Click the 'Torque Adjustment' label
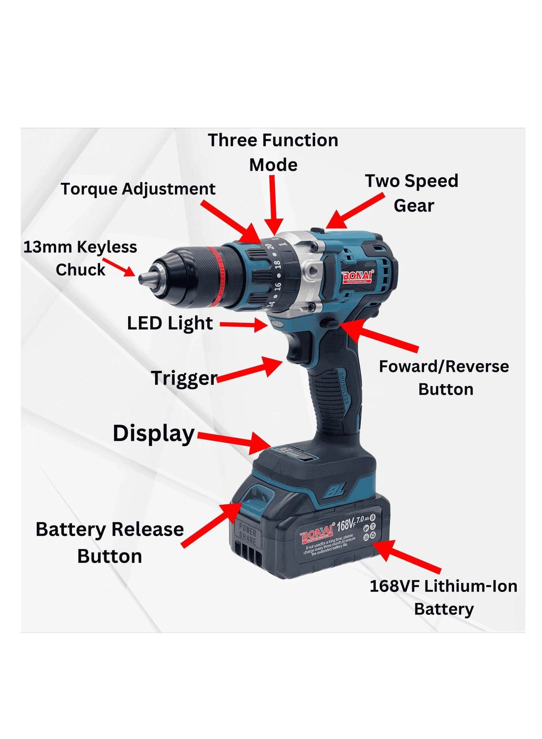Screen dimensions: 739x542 [138, 189]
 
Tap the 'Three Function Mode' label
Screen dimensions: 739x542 [273, 152]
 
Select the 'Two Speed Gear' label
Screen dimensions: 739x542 [412, 193]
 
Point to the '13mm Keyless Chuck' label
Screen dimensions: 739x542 [80, 258]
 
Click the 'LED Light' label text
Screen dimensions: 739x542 [170, 323]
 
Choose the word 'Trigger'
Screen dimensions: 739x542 [184, 378]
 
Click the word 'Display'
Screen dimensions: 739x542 [154, 434]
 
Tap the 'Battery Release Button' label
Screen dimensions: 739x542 [110, 542]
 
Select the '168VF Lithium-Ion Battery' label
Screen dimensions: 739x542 [444, 597]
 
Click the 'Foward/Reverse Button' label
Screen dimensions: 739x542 [444, 377]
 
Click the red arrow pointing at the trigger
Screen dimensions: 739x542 [250, 370]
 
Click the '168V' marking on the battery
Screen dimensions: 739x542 [346, 525]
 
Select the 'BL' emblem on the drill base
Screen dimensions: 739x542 [334, 491]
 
